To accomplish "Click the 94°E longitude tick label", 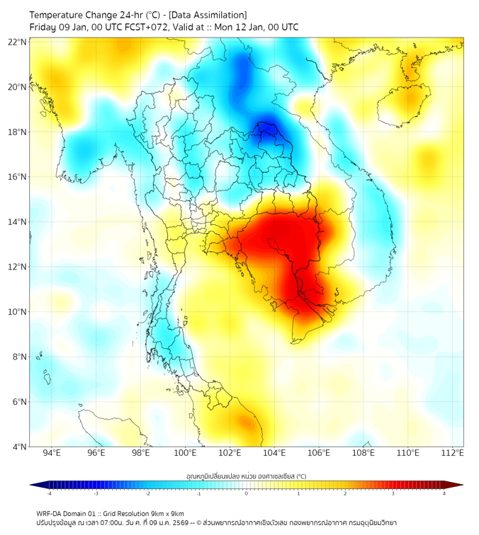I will (x=52, y=453).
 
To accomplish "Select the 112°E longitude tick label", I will (x=452, y=453).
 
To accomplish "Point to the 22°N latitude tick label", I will (x=18, y=42).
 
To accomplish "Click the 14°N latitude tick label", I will (x=18, y=222).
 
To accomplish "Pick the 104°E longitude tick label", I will (x=274, y=453).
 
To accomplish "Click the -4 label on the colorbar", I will (x=49, y=493).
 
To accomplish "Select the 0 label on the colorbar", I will (x=247, y=493).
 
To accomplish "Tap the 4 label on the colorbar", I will (x=444, y=493).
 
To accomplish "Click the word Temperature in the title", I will (x=60, y=15).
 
